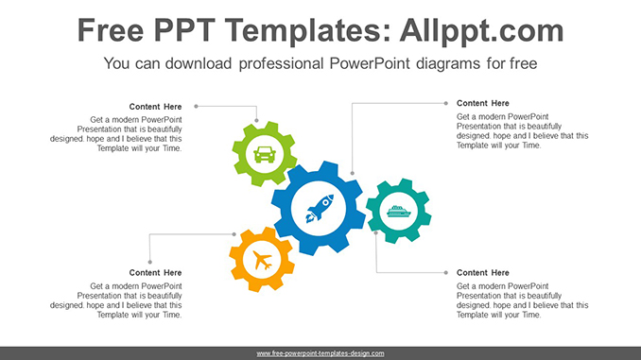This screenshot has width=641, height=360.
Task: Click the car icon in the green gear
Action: [x=265, y=154]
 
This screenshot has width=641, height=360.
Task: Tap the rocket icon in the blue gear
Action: [x=320, y=209]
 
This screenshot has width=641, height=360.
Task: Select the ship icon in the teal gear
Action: [x=398, y=212]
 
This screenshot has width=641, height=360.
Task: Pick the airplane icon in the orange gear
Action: [x=262, y=260]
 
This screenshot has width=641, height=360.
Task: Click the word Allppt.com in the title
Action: [x=481, y=30]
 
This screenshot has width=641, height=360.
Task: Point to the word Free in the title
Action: [x=111, y=30]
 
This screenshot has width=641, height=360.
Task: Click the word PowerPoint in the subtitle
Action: [x=369, y=63]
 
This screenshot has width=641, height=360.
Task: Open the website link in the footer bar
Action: [x=320, y=353]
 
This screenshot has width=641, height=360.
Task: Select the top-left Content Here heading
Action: [x=155, y=107]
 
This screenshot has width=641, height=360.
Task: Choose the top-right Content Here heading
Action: [x=483, y=103]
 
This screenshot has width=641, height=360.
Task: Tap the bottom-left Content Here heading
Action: [x=155, y=272]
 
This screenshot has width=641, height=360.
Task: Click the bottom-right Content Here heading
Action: [x=483, y=272]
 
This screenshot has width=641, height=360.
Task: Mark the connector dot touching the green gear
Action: [x=256, y=121]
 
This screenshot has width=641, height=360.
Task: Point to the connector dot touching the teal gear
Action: [x=376, y=233]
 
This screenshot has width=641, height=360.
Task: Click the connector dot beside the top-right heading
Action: [x=446, y=103]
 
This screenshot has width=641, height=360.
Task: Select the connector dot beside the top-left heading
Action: [x=197, y=106]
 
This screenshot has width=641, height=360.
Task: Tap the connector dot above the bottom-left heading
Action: [x=150, y=262]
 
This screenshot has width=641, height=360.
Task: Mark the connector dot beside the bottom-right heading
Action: [x=446, y=272]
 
